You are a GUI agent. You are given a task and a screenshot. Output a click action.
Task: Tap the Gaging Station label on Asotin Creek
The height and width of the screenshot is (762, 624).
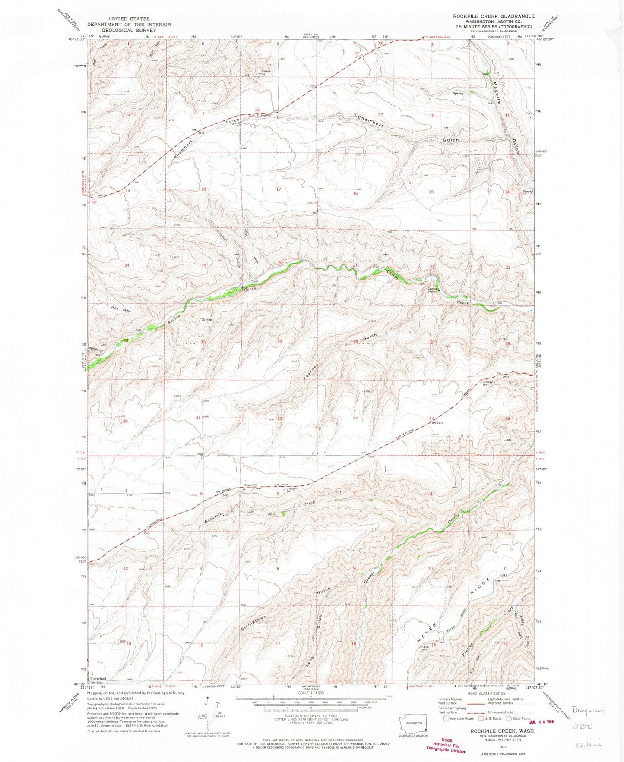coord(433,290)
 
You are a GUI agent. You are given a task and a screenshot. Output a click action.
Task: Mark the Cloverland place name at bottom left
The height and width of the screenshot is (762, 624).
coord(98,679)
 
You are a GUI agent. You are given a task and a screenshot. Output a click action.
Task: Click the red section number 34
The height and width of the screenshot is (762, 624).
coord(431,419)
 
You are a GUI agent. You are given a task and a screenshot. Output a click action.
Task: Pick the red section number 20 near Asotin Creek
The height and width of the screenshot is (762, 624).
coord(280,263)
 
